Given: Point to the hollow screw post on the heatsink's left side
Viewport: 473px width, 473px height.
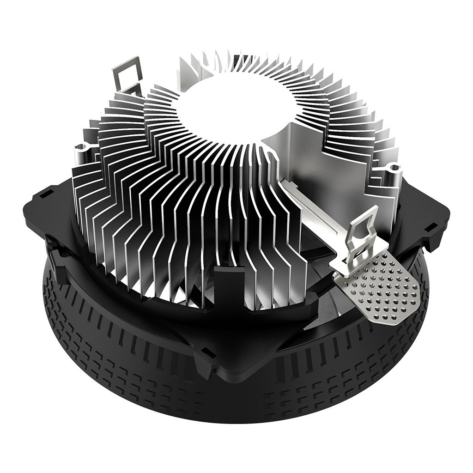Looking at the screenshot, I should coord(84,149).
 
